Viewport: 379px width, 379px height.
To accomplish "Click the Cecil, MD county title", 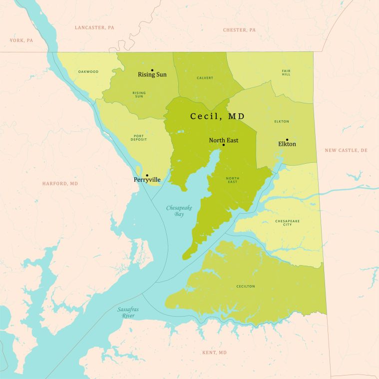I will tap(217, 116).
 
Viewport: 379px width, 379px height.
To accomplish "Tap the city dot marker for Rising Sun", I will tap(152, 70).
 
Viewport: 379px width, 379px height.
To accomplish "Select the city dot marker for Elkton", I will tap(287, 140).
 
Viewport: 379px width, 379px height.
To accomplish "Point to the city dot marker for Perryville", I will tap(146, 175).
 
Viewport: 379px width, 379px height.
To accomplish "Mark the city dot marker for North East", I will tap(223, 145).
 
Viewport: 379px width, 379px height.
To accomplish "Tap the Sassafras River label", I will tap(128, 313).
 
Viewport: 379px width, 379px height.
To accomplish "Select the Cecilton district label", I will tap(246, 286).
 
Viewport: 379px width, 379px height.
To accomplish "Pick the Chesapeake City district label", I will tap(287, 223).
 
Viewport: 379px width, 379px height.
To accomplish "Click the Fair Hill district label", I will tap(286, 72).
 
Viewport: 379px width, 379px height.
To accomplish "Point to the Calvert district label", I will tap(205, 78).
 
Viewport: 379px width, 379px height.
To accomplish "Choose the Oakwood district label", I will tap(88, 71).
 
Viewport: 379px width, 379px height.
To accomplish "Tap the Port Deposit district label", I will tap(139, 137).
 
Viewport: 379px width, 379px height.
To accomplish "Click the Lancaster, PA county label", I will tap(94, 27).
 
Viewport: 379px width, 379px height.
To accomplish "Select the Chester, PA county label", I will tap(239, 30).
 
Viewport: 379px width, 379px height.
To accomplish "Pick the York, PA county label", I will tap(21, 40).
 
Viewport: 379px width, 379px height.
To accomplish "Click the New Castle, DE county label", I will tap(346, 150).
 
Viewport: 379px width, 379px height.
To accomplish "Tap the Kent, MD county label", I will tap(214, 353).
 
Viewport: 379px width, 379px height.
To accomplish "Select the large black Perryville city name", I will tap(147, 180).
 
